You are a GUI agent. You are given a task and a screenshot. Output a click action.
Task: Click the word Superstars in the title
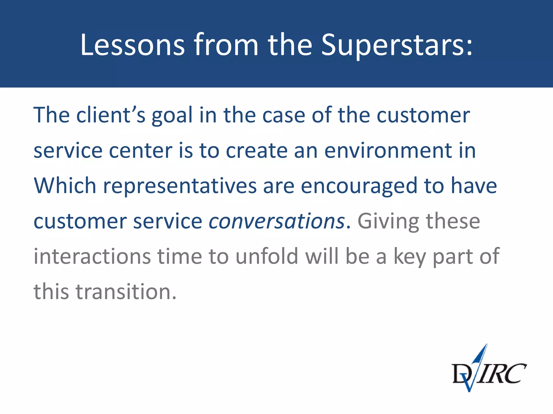click(x=397, y=45)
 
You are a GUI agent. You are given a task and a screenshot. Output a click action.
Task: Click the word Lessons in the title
click(x=132, y=45)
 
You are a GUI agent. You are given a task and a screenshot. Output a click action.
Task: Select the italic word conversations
click(x=277, y=221)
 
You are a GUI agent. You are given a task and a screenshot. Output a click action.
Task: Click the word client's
click(x=111, y=115)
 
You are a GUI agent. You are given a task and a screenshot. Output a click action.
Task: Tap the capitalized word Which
click(x=65, y=186)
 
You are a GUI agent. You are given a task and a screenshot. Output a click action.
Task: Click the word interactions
click(x=92, y=256)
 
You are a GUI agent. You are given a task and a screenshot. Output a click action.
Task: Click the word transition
click(x=126, y=292)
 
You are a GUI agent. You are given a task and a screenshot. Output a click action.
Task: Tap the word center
click(x=140, y=151)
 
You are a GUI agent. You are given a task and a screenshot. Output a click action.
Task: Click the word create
click(x=257, y=151)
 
